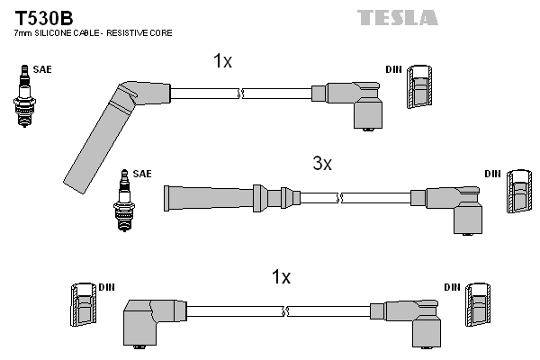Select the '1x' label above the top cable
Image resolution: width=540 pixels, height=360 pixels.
point(222,61)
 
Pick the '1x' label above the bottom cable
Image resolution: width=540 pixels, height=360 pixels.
point(282,277)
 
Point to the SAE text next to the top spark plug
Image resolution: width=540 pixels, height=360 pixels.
point(41,68)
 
